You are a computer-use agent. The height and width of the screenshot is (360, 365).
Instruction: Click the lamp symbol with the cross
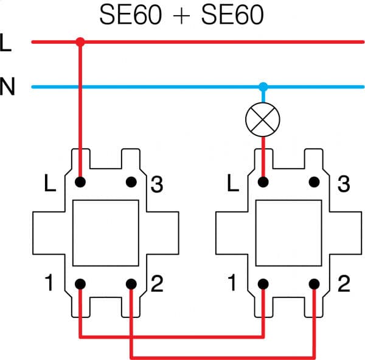[263, 120]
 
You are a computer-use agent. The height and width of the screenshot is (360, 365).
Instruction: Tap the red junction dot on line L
[80, 42]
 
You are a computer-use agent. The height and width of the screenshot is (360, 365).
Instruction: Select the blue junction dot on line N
[263, 86]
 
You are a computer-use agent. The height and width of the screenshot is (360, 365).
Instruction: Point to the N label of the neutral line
[7, 88]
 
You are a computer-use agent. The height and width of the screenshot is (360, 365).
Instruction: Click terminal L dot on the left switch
[80, 182]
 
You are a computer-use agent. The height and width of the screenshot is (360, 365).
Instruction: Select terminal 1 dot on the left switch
[80, 284]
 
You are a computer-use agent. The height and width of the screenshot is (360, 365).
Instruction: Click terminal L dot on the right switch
[263, 182]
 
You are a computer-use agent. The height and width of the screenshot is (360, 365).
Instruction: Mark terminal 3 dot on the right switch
[315, 182]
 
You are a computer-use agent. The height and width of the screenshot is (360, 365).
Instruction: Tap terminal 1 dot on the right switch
[263, 284]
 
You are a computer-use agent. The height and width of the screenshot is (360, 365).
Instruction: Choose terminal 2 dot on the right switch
[315, 284]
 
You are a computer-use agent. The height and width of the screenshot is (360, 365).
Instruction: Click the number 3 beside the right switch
[343, 184]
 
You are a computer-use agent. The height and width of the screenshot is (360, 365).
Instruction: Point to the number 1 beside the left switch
[49, 284]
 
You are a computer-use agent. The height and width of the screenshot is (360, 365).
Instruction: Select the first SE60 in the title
[131, 15]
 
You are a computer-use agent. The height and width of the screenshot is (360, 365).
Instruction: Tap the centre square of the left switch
[106, 233]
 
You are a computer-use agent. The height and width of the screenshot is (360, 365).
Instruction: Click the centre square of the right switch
[289, 233]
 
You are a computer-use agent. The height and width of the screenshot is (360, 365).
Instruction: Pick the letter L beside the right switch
[233, 184]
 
